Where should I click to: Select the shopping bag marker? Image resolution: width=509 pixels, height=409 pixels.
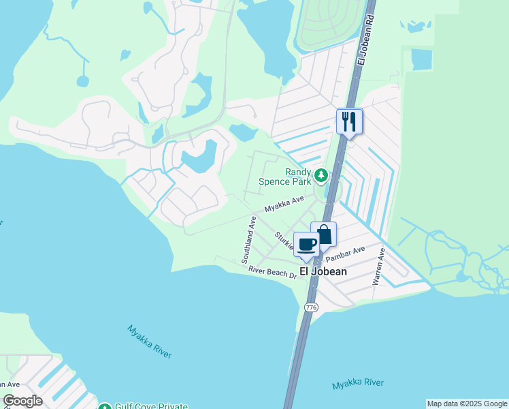[x=324, y=234]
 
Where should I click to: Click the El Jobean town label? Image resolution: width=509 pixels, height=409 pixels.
[x=324, y=271]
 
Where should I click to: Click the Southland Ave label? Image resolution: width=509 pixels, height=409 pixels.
[x=248, y=240]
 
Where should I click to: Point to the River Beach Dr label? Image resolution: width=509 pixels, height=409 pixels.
[x=272, y=272]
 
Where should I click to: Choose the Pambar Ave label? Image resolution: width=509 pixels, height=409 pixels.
[x=346, y=254]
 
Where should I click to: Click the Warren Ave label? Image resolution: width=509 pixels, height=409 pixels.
[x=378, y=267]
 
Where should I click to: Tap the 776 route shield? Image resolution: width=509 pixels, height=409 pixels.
[x=311, y=307]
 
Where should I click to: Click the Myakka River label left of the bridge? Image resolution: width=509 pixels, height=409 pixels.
[x=150, y=341]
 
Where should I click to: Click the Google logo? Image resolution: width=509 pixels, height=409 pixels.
[x=22, y=401]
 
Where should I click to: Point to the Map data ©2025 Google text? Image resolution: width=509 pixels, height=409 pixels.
[x=467, y=404]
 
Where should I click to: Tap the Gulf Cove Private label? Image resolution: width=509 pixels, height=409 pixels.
[x=151, y=406]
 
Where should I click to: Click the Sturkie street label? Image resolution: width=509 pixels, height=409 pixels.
[x=284, y=241]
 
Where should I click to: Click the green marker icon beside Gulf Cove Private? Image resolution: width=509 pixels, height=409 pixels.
[x=104, y=407]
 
